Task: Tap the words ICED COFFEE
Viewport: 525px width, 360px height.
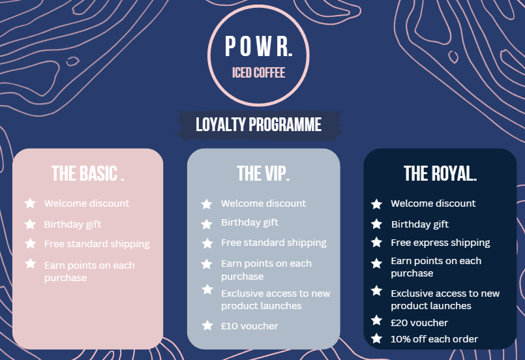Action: [x=258, y=72]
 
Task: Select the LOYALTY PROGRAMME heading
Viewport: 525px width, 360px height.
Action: [x=258, y=125]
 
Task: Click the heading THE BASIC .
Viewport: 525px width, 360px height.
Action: [x=88, y=173]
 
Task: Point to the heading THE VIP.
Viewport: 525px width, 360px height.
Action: [x=263, y=173]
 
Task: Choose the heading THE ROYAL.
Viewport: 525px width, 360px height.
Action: [x=440, y=173]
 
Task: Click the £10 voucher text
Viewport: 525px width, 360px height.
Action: [x=249, y=326]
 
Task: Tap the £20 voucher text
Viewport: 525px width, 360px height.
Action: [x=419, y=322]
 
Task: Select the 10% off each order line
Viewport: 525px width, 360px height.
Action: [x=434, y=339]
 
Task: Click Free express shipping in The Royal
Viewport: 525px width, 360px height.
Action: [x=440, y=243]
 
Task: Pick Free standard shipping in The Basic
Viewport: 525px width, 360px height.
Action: [x=97, y=244]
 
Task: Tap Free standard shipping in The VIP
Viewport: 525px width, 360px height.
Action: [x=273, y=243]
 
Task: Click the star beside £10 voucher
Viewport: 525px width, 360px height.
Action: [x=207, y=325]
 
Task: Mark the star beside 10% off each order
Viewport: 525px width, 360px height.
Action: [x=376, y=338]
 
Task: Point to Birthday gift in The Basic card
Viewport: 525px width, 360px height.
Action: [x=72, y=224]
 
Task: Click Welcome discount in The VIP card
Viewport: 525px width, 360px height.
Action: [x=263, y=203]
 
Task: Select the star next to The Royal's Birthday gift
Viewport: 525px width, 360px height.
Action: [x=376, y=224]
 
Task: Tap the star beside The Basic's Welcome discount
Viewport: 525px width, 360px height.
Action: [x=30, y=203]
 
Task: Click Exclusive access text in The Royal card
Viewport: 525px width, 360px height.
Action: [x=445, y=299]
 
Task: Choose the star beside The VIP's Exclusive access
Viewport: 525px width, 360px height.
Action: [x=207, y=290]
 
